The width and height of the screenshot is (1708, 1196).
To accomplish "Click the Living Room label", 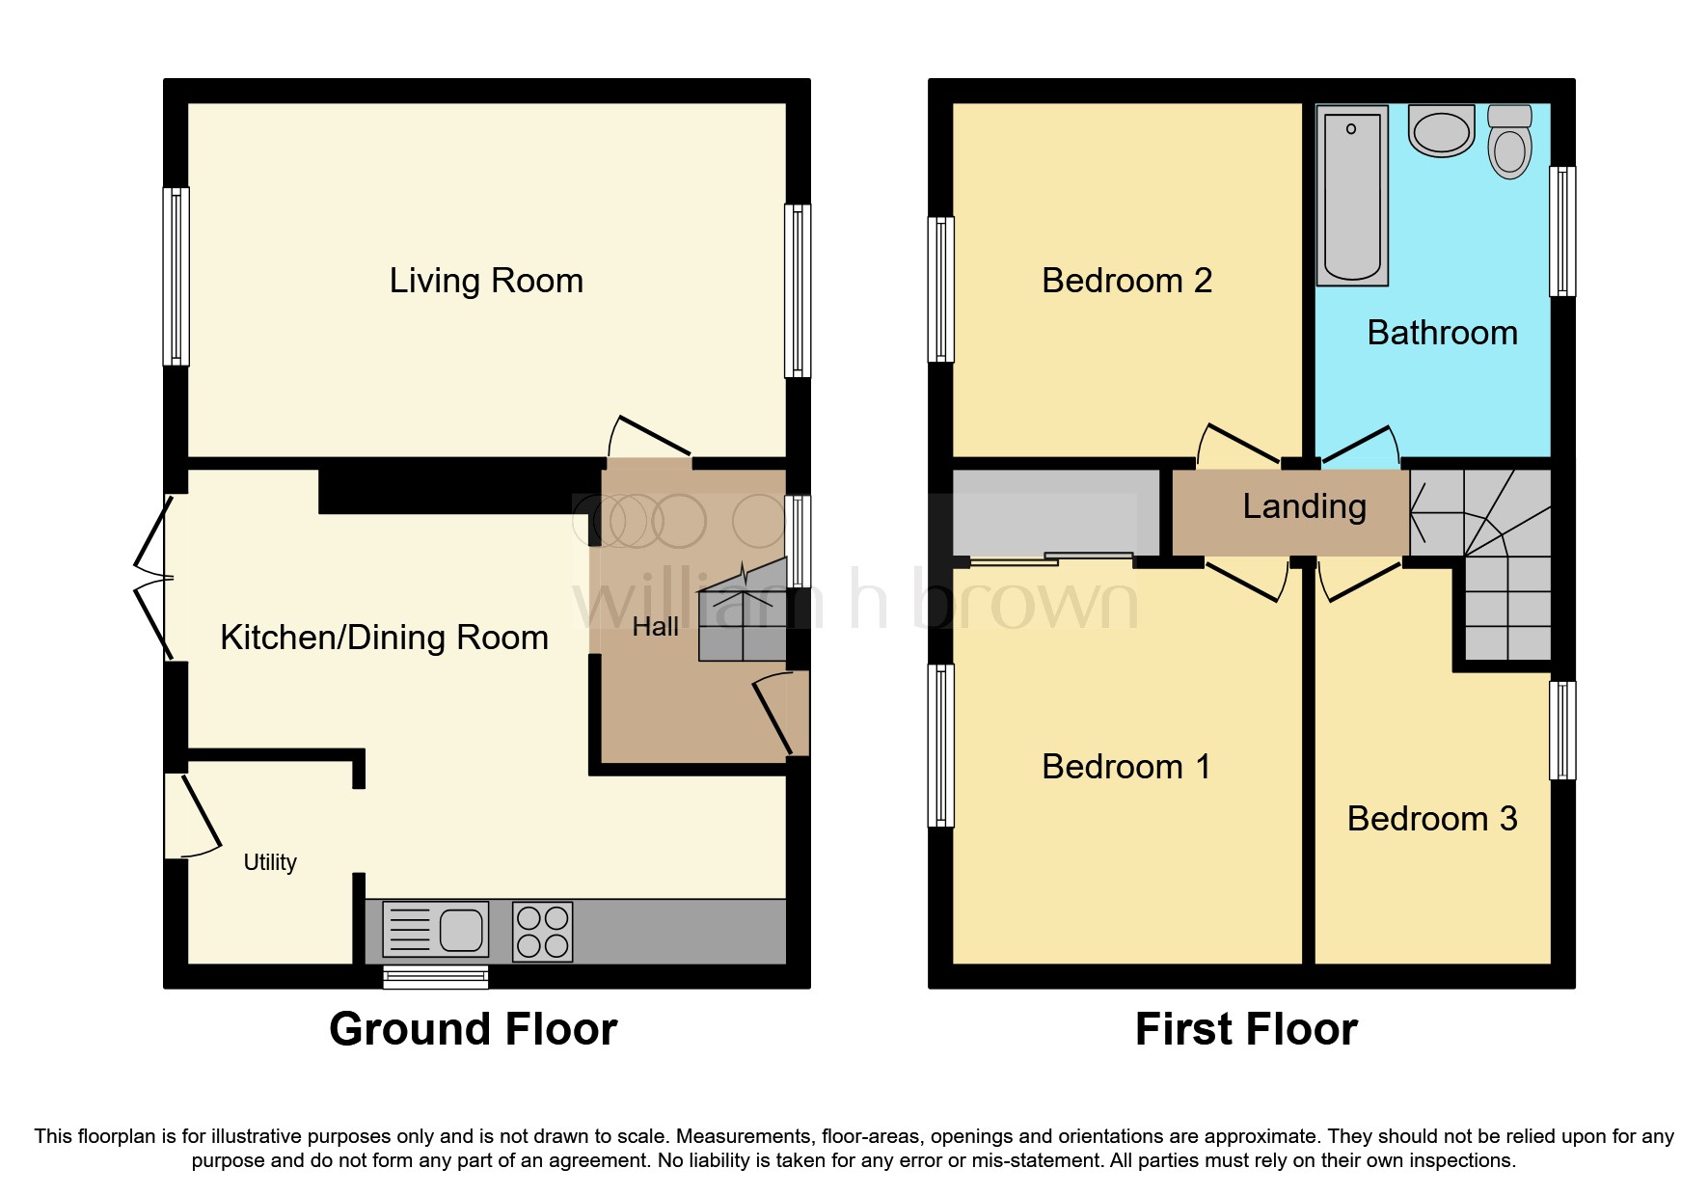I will click(x=486, y=281).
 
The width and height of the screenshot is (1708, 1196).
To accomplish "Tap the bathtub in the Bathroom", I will click(x=1352, y=196).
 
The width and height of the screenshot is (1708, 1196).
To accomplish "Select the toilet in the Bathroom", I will click(x=1509, y=143).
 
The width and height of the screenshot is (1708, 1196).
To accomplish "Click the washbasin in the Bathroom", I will click(x=1441, y=131).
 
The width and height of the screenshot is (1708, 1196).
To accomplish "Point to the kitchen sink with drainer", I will click(x=436, y=930).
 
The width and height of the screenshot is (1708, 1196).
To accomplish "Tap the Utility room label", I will click(x=270, y=862).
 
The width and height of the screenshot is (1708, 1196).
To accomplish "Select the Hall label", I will click(x=656, y=627).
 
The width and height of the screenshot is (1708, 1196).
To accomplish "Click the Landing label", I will click(x=1304, y=506).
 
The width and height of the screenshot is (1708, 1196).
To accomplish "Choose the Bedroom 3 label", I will click(x=1432, y=819).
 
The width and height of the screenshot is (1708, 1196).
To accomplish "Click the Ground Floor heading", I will click(x=473, y=1029).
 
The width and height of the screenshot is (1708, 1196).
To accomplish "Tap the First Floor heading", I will click(x=1246, y=1029).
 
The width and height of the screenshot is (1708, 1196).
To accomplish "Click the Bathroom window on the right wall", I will click(x=1562, y=231).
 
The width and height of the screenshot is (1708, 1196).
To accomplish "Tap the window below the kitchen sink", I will click(x=436, y=977).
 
